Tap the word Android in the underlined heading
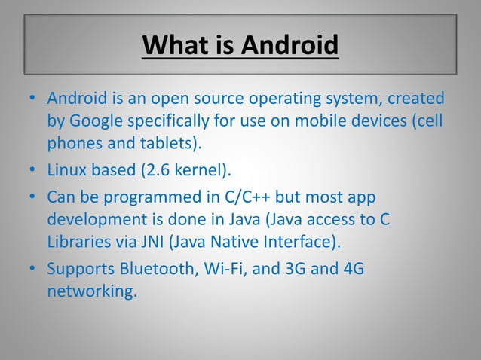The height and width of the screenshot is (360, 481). click(290, 47)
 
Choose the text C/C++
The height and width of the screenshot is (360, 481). click(247, 197)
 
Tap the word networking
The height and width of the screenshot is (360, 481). click(90, 289)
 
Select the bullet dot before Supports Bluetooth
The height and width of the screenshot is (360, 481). click(34, 268)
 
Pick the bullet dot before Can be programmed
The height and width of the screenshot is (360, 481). click(34, 197)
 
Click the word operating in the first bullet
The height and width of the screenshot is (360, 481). click(302, 99)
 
